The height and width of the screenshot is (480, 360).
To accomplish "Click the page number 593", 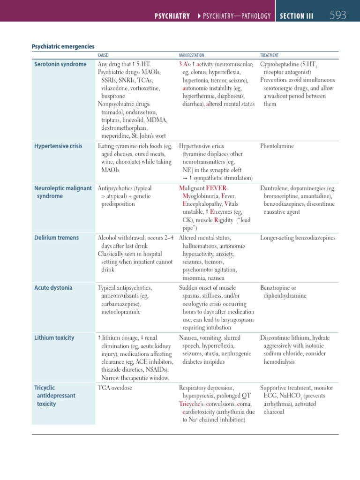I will tap(338, 15).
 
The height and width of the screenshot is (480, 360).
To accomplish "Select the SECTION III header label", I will tap(297, 16).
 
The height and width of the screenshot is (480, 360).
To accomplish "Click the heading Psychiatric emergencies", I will tap(63, 46).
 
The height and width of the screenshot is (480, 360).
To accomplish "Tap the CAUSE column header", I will tap(103, 55).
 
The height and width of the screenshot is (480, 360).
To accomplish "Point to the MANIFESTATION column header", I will tap(191, 55).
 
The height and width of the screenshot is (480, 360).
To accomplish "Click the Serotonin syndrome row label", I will tap(60, 64).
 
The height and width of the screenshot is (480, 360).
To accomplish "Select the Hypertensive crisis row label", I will tap(58, 146).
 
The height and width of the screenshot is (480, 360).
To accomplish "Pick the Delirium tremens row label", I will tap(56, 238).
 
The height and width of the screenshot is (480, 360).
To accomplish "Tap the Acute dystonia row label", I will tap(53, 288).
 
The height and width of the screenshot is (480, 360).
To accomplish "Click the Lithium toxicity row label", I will tap(54, 337).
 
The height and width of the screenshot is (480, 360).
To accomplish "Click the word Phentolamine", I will tap(277, 146).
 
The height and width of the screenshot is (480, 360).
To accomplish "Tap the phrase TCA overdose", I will tap(115, 388).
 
